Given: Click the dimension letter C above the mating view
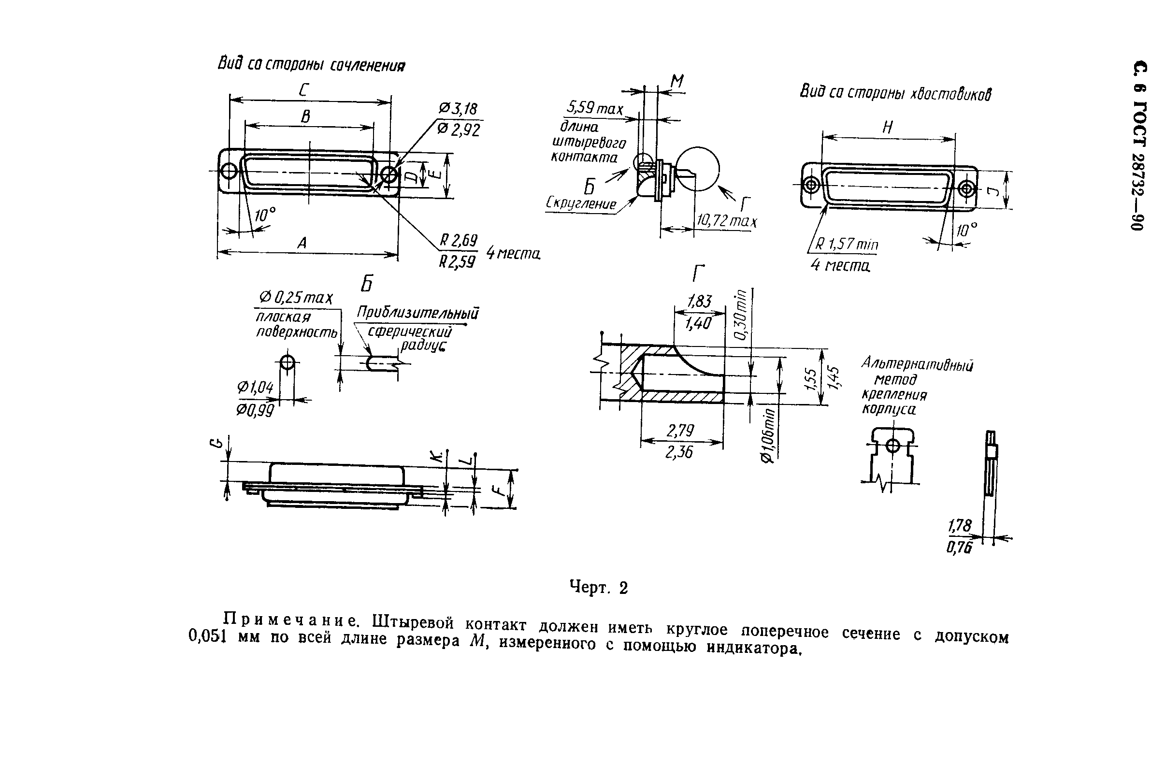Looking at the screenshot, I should click(304, 91).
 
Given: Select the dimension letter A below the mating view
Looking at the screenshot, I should click(302, 243).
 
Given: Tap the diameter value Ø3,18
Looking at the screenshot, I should click(458, 109).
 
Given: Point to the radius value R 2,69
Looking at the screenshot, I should click(459, 241).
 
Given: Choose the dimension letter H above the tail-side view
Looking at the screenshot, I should click(888, 128).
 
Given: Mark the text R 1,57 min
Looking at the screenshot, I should click(847, 244).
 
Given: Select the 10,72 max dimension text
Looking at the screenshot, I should click(727, 220).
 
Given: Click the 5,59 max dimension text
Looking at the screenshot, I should click(594, 107).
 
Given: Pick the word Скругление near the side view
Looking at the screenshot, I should click(581, 203).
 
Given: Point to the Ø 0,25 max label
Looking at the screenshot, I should click(296, 298).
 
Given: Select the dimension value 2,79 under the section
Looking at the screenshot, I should click(680, 431).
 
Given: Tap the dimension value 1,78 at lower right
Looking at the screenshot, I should click(959, 525).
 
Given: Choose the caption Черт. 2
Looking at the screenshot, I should click(598, 587).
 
